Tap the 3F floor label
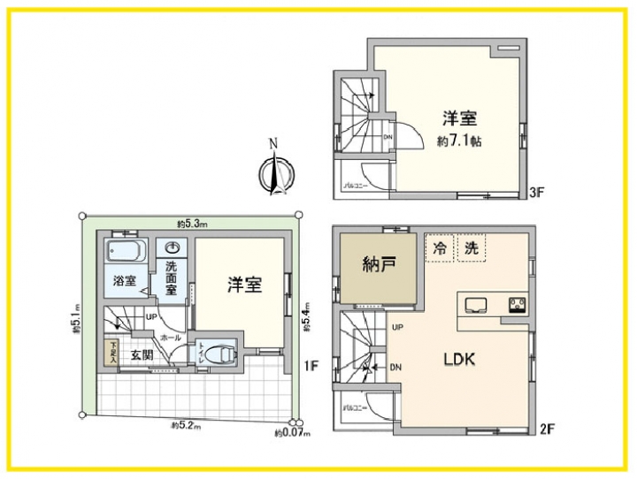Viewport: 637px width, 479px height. [535, 191]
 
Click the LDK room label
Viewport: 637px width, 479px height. [459, 360]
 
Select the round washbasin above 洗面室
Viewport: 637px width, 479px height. [173, 247]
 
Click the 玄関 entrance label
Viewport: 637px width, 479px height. [142, 354]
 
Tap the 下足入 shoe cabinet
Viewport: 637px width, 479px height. [112, 353]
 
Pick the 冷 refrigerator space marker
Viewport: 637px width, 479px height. [440, 248]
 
